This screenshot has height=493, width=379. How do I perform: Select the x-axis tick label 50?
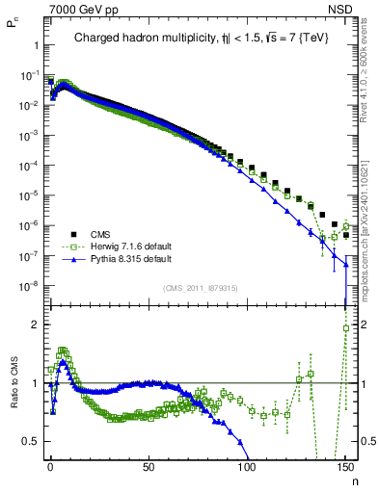point(149,467)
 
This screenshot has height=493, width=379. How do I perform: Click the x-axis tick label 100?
point(247,467)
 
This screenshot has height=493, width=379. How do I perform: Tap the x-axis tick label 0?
point(50,467)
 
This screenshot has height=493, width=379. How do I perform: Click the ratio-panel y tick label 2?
point(32,324)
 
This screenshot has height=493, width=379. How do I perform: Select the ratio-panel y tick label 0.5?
point(29,441)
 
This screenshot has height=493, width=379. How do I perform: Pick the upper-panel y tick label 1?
point(34,45)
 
